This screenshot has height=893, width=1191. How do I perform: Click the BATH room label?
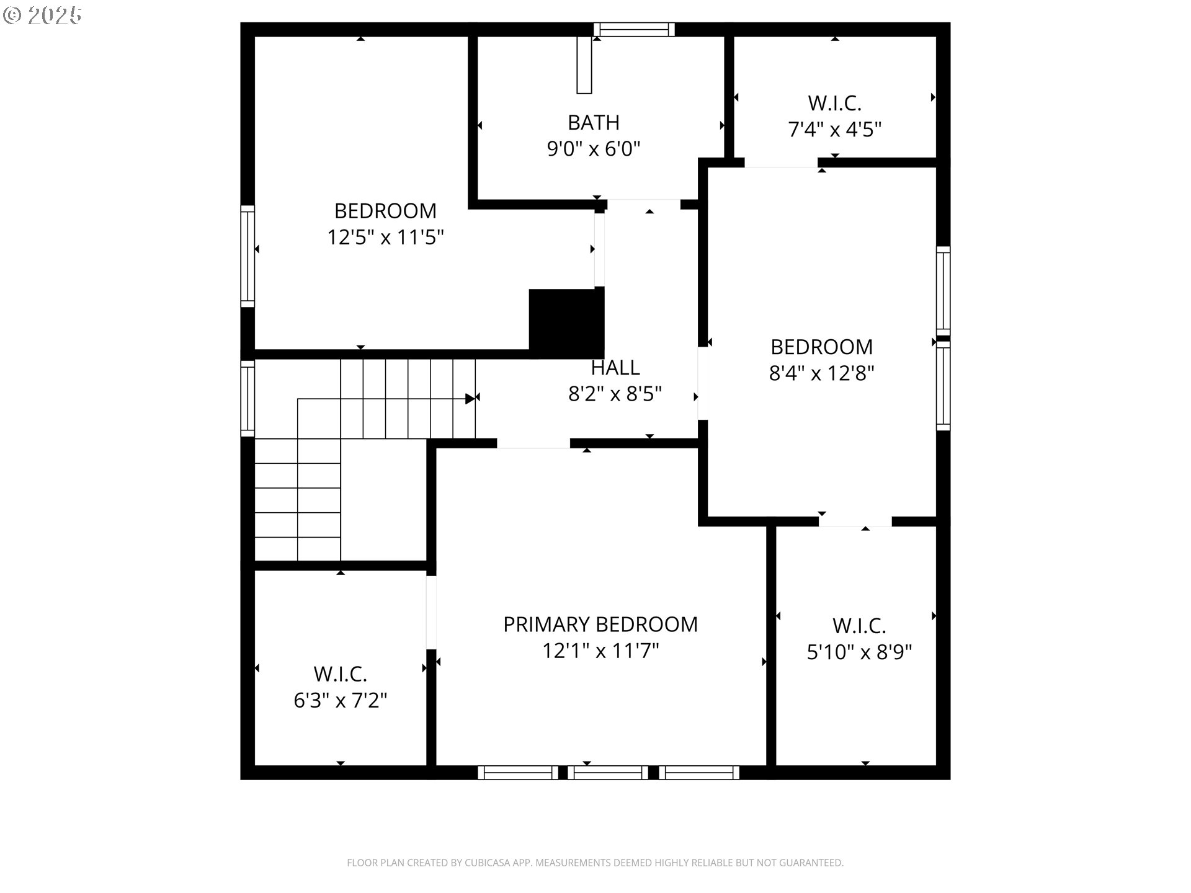point(593,123)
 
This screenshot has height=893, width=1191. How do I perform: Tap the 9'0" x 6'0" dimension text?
point(593,149)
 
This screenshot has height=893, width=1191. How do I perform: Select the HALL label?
point(615,368)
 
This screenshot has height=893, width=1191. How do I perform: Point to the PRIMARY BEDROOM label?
point(600,624)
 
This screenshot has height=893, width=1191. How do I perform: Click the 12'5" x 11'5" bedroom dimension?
point(385,238)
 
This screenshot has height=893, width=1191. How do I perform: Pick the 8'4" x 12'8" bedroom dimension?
point(821,373)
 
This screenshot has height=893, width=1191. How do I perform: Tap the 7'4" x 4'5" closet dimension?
point(834,130)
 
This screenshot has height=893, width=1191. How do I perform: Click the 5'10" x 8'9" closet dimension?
point(859,652)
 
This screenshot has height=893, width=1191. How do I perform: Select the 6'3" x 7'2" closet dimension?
point(340,701)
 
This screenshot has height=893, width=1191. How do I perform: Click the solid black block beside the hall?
point(566,323)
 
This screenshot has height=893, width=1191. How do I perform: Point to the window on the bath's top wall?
point(633,29)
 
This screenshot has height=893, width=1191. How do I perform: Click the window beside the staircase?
point(248,398)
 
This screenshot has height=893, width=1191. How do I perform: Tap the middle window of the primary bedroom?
point(608,773)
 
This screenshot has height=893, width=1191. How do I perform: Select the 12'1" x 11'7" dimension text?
point(600,651)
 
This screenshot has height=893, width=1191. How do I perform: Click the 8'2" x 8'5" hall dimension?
point(615,394)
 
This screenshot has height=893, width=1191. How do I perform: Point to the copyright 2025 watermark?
point(42,16)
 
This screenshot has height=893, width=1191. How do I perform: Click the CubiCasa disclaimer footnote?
point(595,863)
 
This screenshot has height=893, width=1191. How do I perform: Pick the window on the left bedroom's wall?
point(248,256)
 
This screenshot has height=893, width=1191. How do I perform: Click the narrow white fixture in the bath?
point(584,65)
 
